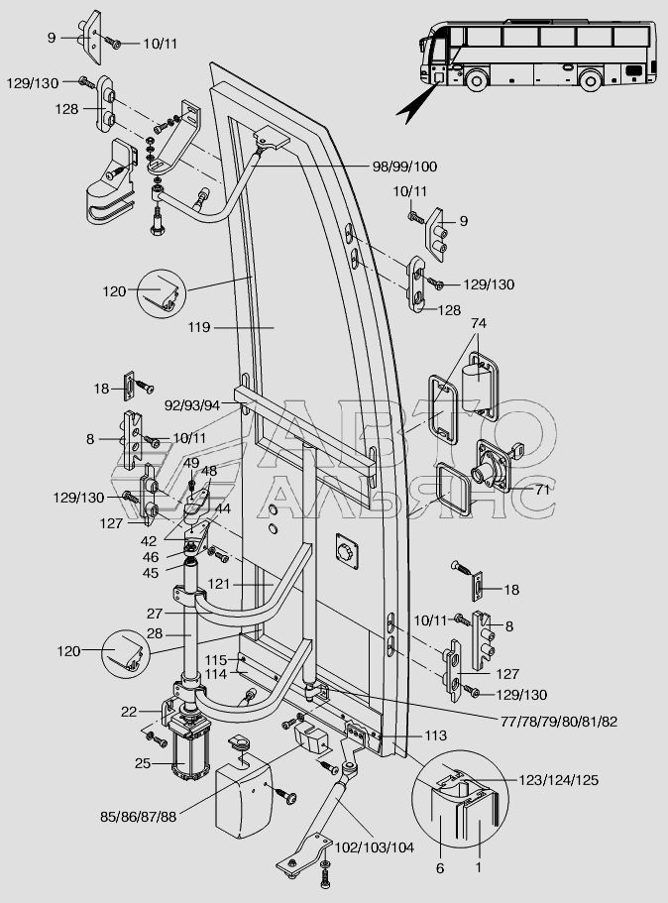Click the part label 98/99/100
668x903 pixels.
coord(404,167)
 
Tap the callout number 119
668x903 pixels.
coord(199,328)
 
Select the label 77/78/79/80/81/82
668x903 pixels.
coord(559,721)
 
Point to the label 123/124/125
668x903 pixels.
coord(559,780)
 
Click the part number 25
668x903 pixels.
coord(143,763)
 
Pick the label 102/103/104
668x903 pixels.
coord(375,847)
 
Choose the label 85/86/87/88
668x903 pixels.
coord(138,817)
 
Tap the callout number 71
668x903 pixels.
coord(542,490)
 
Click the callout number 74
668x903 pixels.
coord(479,324)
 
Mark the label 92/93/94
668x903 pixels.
coord(192,405)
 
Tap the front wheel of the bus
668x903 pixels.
coord(477,79)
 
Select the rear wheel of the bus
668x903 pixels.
coord(590,79)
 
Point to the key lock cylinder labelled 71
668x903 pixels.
coord(495,466)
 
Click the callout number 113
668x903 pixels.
coord(435,735)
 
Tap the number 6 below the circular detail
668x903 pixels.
coord(440,868)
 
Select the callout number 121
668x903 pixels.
coord(219,584)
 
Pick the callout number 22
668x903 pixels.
coord(129,712)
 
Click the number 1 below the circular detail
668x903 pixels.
coord(478,866)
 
